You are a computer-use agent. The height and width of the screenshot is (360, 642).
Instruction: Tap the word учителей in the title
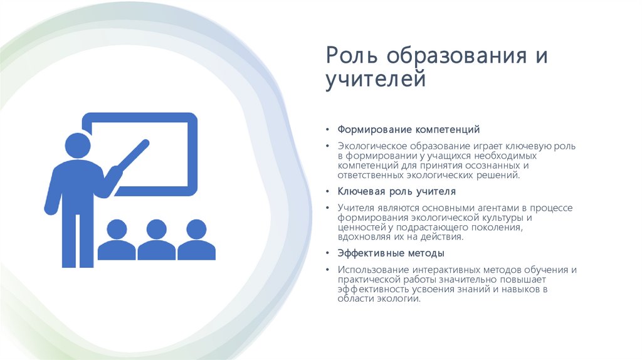pyautogui.click(x=376, y=81)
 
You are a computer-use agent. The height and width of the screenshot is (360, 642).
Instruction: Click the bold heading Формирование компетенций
pyautogui.click(x=409, y=130)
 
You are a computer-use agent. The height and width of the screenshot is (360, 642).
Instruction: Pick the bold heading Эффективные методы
pyautogui.click(x=391, y=253)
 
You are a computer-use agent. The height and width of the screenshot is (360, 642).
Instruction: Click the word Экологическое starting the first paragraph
pyautogui.click(x=371, y=146)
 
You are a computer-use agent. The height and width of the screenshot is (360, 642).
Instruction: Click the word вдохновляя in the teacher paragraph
pyautogui.click(x=362, y=238)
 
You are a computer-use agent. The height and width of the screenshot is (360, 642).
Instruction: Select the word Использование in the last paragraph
pyautogui.click(x=369, y=270)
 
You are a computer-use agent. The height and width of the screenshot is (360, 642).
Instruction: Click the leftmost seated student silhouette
pyautogui.click(x=117, y=240)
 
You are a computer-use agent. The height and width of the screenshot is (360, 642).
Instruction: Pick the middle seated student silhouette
pyautogui.click(x=156, y=240)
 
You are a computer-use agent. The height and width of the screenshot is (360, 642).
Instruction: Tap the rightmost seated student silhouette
pyautogui.click(x=196, y=240)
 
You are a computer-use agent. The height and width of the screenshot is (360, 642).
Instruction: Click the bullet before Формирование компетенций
pyautogui.click(x=327, y=130)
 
